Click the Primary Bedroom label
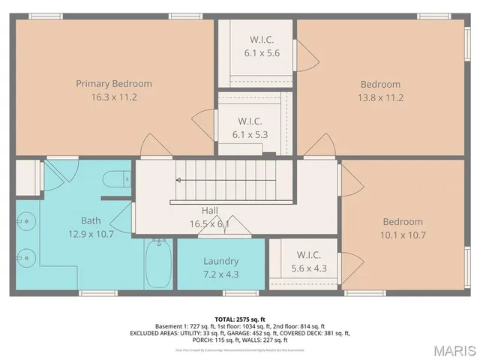point(114,83)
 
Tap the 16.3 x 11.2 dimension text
point(114,97)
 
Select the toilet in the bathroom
point(116,179)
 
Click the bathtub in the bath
point(158,264)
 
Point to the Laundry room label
point(220,261)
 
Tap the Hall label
point(210,211)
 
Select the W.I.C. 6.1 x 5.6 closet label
point(262,40)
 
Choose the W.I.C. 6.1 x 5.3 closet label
point(250,121)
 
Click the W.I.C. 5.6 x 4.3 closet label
point(308,255)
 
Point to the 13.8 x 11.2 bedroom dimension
point(381,97)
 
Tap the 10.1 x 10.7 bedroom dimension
point(403,235)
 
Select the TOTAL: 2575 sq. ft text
point(241,318)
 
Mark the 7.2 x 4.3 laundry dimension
point(220,274)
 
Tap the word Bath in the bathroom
point(91,220)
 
